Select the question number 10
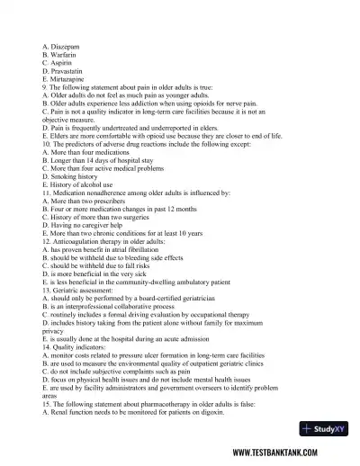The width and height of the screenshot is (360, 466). point(46,144)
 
